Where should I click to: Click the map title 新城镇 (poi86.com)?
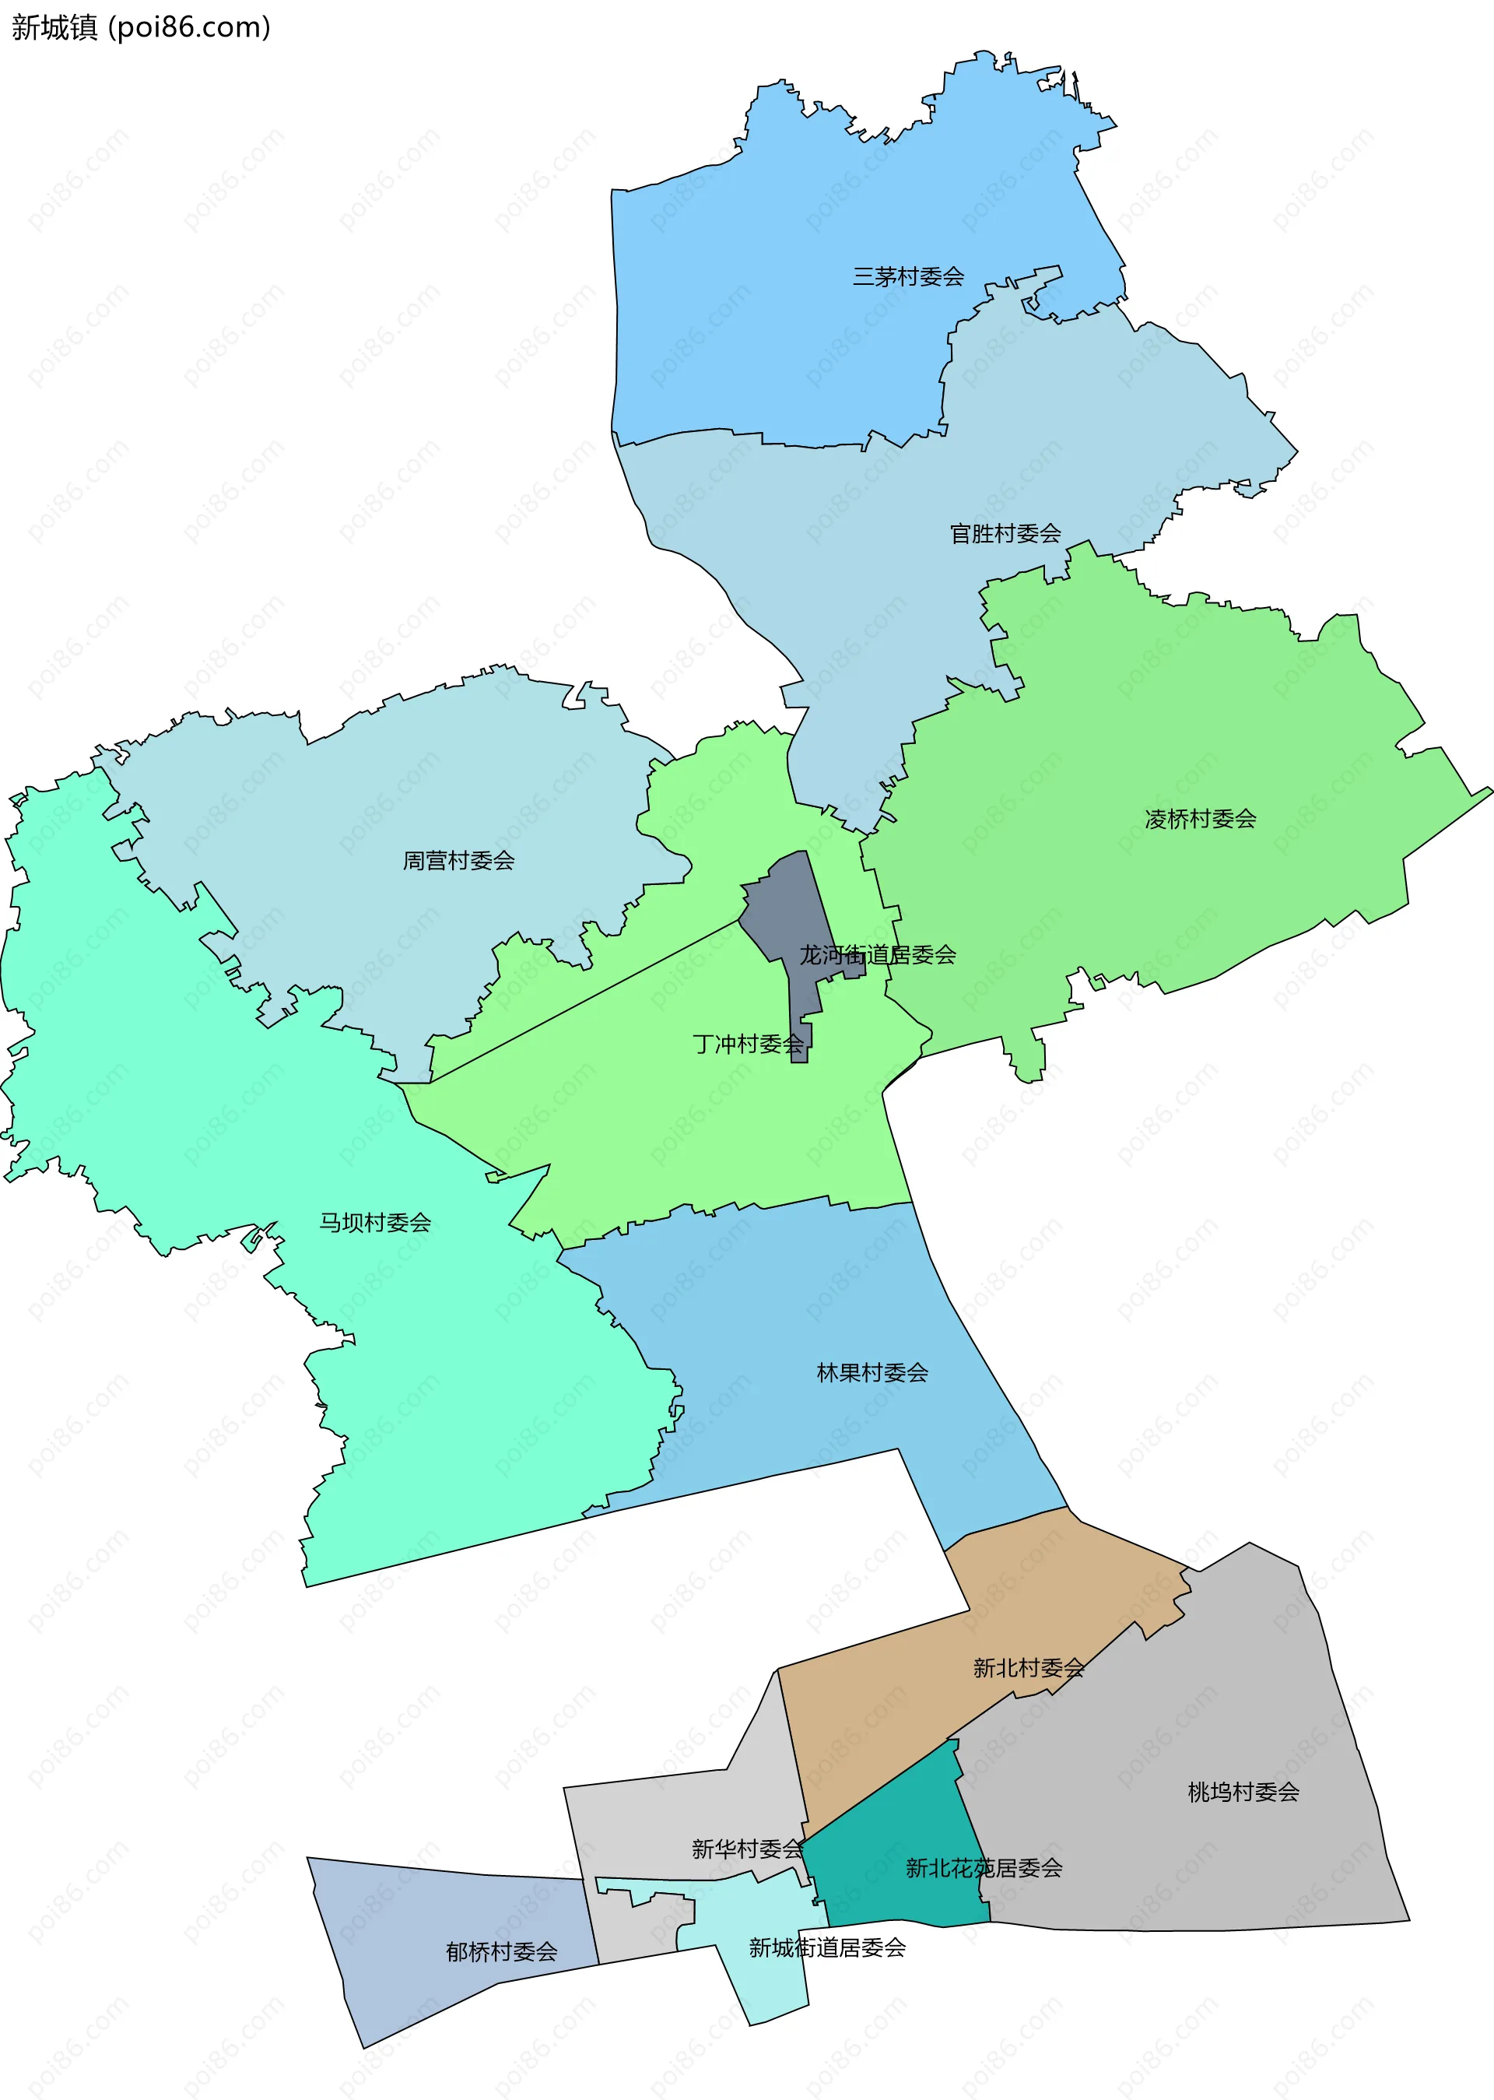(x=141, y=27)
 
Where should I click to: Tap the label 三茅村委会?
(x=907, y=276)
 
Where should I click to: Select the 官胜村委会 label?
(x=1005, y=533)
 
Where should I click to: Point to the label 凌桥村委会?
(x=1200, y=818)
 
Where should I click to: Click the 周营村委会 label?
(x=458, y=860)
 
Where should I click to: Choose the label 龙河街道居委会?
(x=877, y=954)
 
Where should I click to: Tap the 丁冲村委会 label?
(x=747, y=1044)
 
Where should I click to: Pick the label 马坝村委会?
(x=374, y=1222)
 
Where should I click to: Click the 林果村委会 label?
(x=872, y=1372)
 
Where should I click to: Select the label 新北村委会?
(x=1028, y=1667)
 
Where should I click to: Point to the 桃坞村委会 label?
(x=1243, y=1792)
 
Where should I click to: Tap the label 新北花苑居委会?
(x=984, y=1867)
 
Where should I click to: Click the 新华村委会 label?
(x=747, y=1848)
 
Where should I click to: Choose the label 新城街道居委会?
(x=826, y=1947)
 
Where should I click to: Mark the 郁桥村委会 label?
(x=501, y=1951)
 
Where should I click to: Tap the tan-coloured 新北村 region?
(x=883, y=1712)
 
